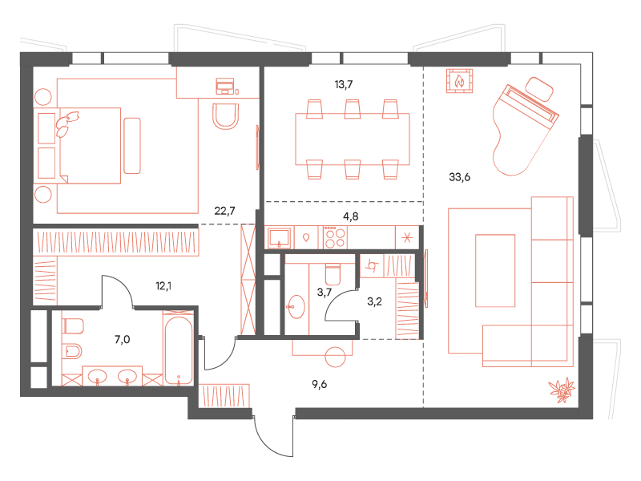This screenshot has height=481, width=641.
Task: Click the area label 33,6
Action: (459, 177)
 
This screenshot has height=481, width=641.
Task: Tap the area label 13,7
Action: (344, 85)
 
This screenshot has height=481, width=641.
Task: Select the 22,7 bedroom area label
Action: (224, 211)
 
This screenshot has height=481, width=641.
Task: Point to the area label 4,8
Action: (350, 216)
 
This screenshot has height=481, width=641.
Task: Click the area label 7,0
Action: (123, 339)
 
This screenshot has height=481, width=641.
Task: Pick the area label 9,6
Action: (319, 384)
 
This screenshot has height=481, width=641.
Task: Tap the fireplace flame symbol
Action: (459, 81)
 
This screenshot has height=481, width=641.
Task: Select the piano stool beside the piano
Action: (538, 89)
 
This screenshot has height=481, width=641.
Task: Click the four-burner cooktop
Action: (335, 237)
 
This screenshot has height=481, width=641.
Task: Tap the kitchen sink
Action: (279, 237)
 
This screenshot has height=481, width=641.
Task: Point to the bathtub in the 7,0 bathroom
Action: (178, 350)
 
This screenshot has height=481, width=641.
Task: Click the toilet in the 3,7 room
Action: (333, 274)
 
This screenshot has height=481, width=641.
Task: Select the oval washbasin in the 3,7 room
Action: (296, 306)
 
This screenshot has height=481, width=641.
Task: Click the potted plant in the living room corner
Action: (562, 390)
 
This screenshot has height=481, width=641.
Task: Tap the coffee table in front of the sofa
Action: (495, 270)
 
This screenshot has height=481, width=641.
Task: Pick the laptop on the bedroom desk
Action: (225, 86)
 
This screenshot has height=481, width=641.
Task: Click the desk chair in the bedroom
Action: (226, 116)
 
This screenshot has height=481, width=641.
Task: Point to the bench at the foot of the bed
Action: (132, 146)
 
